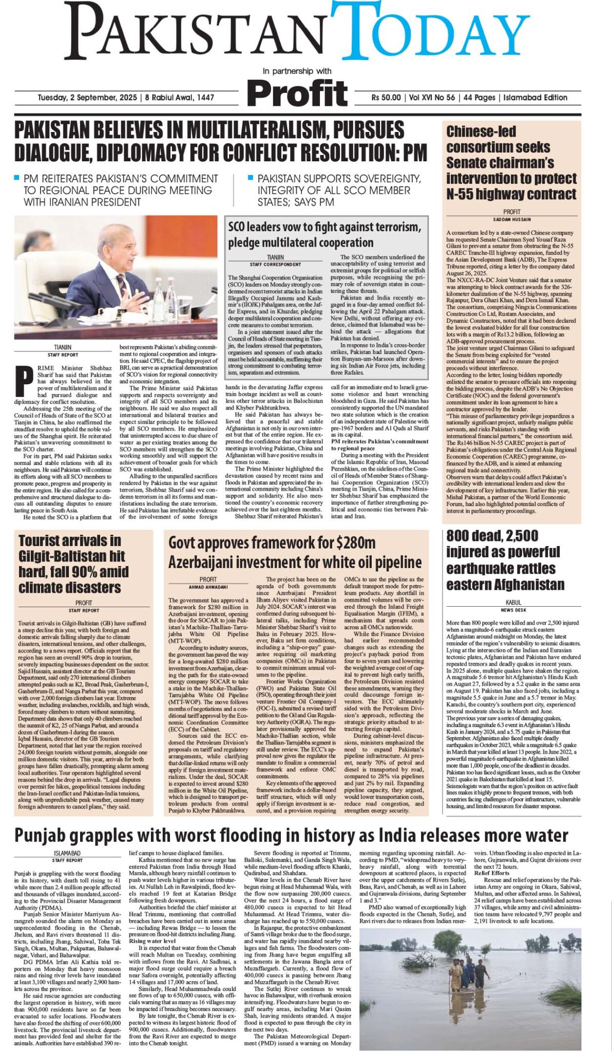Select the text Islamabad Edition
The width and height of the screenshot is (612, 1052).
pyautogui.click(x=535, y=98)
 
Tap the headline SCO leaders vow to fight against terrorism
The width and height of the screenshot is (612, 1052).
pyautogui.click(x=324, y=227)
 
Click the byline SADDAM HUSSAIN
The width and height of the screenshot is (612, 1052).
pyautogui.click(x=511, y=219)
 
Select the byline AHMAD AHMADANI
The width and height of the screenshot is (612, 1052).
pyautogui.click(x=208, y=587)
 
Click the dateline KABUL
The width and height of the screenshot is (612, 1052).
pyautogui.click(x=513, y=603)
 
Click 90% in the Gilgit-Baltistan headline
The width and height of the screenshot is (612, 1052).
pyautogui.click(x=78, y=572)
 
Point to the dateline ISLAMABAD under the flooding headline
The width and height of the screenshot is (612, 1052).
pyautogui.click(x=67, y=853)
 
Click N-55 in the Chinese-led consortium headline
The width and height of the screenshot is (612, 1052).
pyautogui.click(x=464, y=195)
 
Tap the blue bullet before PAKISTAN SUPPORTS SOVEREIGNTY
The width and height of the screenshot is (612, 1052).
pyautogui.click(x=250, y=178)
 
